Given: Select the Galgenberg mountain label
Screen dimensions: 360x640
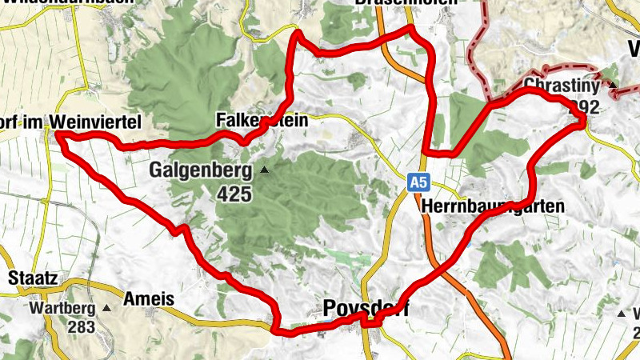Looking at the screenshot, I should click(201, 170).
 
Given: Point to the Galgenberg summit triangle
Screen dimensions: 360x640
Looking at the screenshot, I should click(264, 170).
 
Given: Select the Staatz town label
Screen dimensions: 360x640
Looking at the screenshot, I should click(32, 278).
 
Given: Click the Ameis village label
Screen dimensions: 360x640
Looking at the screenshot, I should click(150, 298).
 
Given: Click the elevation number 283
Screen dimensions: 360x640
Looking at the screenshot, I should click(82, 327).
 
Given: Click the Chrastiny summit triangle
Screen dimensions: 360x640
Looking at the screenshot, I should click(613, 85).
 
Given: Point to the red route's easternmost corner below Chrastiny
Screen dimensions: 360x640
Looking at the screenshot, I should click(585, 118).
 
